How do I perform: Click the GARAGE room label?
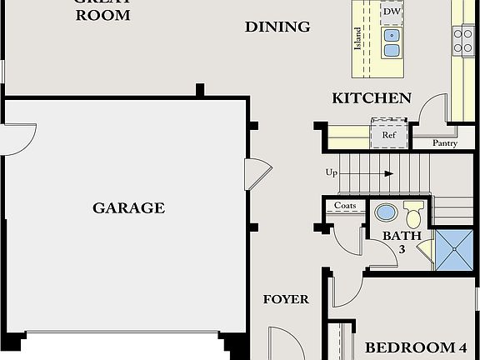128,208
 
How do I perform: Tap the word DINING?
277,27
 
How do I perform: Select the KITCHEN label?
372,98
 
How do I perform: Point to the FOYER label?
286,299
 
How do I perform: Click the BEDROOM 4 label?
415,347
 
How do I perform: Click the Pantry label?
445,143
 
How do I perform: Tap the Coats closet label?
345,206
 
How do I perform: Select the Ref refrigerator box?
389,133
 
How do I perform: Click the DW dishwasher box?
392,12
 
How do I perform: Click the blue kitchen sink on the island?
392,42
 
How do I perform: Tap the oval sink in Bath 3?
386,212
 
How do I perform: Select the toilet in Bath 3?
413,212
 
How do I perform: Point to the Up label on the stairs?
332,173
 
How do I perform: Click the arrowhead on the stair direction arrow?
389,173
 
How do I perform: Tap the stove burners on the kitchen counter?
463,40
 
